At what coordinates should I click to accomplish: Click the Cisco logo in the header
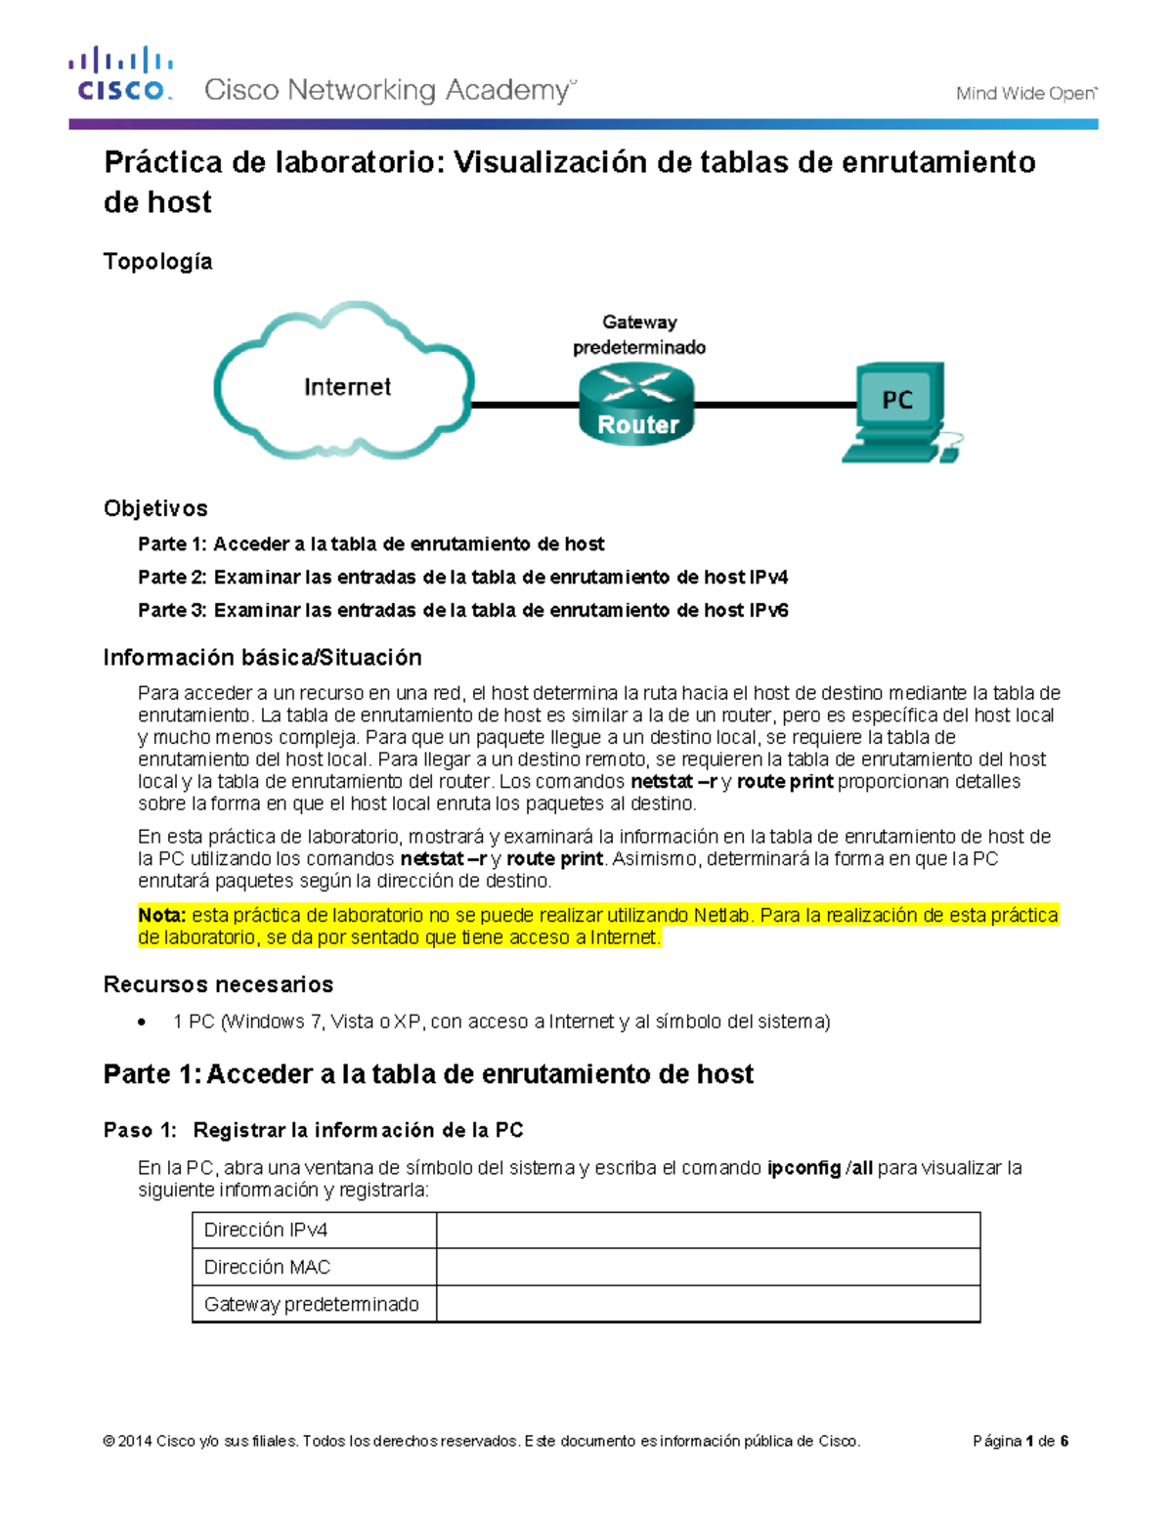(x=120, y=74)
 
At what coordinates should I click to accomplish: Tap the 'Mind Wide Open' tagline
(x=1025, y=94)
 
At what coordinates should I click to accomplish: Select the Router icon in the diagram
(x=637, y=404)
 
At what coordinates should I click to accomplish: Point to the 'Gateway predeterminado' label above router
(x=638, y=334)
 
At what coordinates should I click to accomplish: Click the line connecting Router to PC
(x=772, y=404)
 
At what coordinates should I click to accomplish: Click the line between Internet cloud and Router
(x=525, y=404)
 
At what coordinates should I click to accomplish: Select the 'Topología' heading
(x=157, y=261)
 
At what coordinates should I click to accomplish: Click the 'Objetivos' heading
(x=155, y=508)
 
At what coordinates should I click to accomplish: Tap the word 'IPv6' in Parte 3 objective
(x=768, y=610)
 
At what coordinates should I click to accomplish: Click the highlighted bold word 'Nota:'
(x=161, y=916)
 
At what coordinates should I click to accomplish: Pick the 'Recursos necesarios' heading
(x=218, y=984)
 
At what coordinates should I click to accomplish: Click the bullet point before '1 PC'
(x=144, y=1022)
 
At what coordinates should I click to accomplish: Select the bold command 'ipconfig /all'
(x=819, y=1168)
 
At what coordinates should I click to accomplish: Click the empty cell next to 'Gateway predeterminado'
(x=708, y=1305)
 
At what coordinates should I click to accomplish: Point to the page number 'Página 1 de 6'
(x=1020, y=1441)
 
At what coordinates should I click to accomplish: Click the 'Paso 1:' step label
(x=140, y=1131)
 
